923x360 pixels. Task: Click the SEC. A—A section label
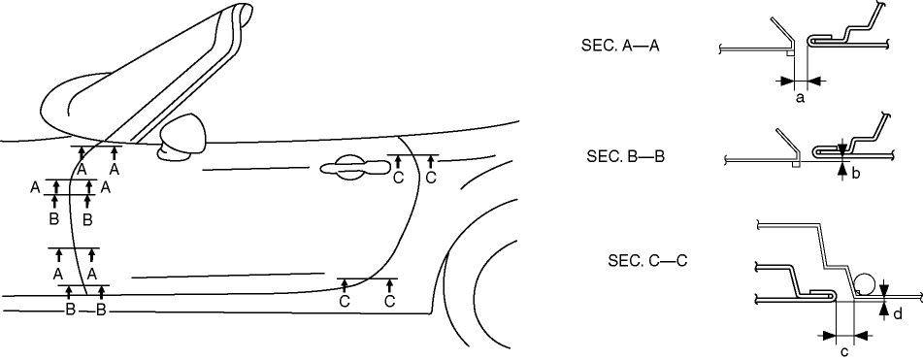pos(620,47)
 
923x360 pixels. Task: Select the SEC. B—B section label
pos(625,157)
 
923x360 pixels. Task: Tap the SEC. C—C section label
pos(647,261)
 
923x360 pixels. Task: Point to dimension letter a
pos(800,98)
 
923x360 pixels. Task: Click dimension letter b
pos(855,173)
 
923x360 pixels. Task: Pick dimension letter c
pos(844,352)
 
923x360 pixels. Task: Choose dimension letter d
pos(897,314)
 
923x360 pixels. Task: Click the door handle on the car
pos(350,168)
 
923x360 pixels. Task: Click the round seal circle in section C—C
pos(867,284)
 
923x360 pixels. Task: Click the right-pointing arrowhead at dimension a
pos(787,80)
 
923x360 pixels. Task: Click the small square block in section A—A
pos(791,53)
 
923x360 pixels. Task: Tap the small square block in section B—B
pos(796,165)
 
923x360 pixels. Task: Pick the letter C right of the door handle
pos(399,178)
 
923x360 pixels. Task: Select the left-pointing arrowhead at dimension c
pos(861,336)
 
